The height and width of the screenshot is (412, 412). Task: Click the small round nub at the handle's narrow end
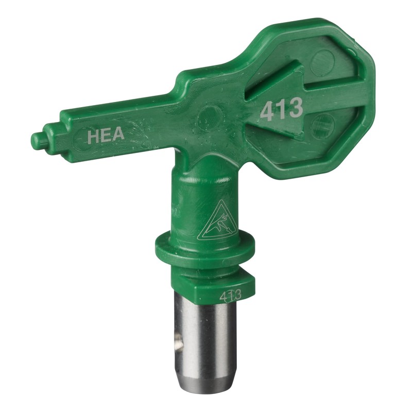coord(38,139)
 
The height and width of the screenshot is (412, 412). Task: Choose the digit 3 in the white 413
coord(295,109)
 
